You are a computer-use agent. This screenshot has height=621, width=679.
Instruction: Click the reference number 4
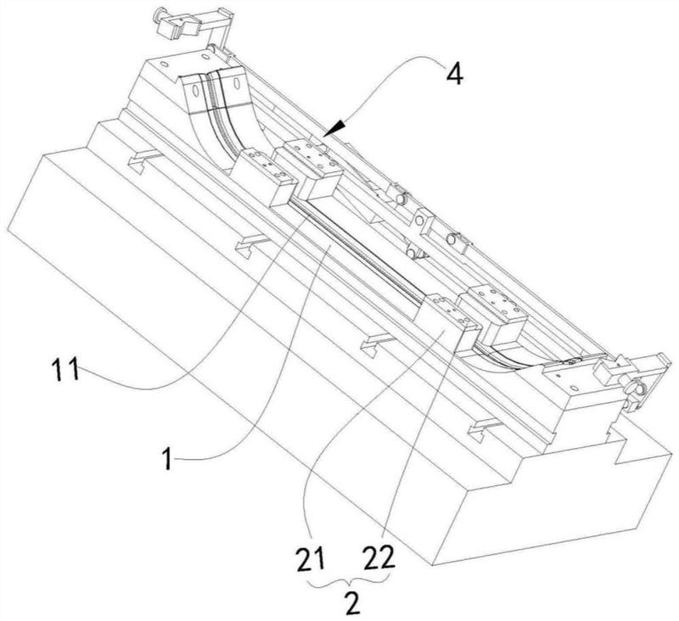tap(454, 75)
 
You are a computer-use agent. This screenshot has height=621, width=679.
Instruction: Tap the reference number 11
tap(65, 370)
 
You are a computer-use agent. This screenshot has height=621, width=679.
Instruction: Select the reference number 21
tap(310, 558)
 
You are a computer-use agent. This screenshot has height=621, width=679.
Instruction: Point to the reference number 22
tap(379, 558)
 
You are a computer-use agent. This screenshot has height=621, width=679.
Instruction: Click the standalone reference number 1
tap(167, 459)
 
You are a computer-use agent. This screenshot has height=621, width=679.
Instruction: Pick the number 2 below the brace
tap(352, 603)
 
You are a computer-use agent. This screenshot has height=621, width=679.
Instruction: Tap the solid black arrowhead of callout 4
tap(336, 128)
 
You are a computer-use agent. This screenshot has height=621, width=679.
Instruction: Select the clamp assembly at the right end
tap(628, 378)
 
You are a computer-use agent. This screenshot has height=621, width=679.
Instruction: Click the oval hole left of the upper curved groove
tap(194, 91)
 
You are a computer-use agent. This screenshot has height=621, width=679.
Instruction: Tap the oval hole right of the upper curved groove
tap(237, 82)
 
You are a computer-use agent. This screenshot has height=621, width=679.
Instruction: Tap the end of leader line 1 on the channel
tap(331, 245)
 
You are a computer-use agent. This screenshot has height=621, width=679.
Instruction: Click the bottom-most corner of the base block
tap(432, 565)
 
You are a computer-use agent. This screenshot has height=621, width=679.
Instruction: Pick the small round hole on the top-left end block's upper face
tap(164, 64)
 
